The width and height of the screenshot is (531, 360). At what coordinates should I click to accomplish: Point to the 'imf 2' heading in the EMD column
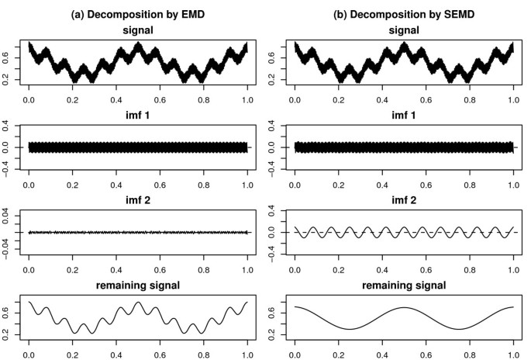(x=138, y=196)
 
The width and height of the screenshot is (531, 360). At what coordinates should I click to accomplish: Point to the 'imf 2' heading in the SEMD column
(x=404, y=196)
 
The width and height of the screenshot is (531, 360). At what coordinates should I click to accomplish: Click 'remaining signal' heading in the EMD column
(x=138, y=286)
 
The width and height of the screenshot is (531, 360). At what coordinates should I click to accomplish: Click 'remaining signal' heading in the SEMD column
(x=404, y=286)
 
